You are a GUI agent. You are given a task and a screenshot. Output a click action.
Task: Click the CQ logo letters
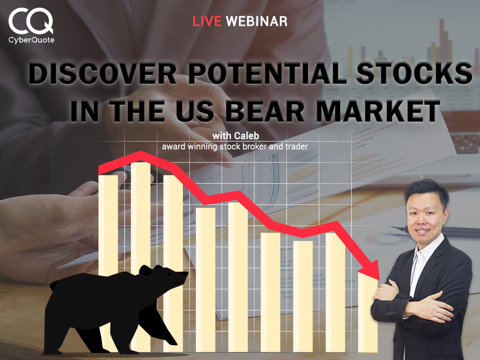click(30, 21)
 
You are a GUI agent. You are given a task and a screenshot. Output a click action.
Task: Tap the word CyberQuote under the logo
click(31, 40)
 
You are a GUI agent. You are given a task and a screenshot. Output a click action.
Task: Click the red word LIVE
click(207, 21)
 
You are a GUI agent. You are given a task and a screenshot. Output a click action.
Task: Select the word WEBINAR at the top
click(256, 21)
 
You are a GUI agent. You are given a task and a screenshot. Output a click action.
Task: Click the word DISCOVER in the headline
click(103, 74)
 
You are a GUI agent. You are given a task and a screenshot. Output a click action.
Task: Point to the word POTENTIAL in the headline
click(267, 74)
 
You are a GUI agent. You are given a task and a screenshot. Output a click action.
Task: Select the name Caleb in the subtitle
click(247, 135)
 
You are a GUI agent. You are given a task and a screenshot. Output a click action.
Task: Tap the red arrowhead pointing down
click(371, 270)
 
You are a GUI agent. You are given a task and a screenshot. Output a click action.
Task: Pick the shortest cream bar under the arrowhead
click(367, 312)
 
